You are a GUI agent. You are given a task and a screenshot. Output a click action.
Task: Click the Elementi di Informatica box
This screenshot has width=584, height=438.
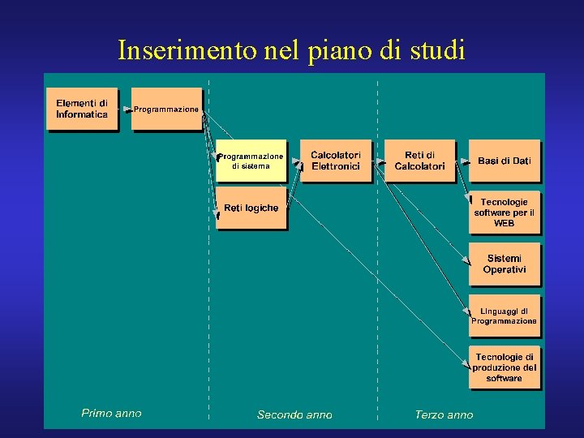[x=81, y=109]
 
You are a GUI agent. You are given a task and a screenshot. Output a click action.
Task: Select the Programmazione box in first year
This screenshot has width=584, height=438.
[x=166, y=109]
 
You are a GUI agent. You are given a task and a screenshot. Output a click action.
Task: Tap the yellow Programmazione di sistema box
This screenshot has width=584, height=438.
[x=251, y=161]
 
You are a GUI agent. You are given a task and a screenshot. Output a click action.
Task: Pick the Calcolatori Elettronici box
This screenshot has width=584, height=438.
[x=335, y=161]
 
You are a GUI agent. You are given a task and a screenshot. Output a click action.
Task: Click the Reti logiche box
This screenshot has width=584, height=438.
[x=251, y=209]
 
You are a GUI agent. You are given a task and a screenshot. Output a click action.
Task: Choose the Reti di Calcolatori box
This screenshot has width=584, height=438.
[x=419, y=161]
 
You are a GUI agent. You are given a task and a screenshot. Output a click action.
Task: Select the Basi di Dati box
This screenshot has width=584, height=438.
[x=504, y=161]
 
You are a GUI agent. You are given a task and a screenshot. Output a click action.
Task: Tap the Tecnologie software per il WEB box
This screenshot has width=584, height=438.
[x=504, y=213]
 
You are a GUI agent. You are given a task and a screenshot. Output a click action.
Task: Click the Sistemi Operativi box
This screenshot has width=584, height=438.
[x=504, y=264]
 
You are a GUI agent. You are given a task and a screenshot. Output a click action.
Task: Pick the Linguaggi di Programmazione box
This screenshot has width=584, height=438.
[x=504, y=316]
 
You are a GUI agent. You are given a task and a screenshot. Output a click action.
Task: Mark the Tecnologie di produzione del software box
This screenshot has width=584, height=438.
[x=504, y=367]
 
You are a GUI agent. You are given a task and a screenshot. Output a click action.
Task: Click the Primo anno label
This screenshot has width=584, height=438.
[x=111, y=414]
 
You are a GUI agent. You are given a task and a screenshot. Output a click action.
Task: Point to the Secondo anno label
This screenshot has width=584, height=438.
[x=294, y=414]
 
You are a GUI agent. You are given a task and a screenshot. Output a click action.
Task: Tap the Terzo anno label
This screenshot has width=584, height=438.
[x=444, y=414]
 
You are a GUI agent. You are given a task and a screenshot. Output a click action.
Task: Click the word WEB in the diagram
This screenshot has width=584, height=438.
[x=504, y=223]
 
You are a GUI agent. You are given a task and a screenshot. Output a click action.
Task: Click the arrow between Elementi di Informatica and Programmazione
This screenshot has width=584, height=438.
[x=126, y=109]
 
